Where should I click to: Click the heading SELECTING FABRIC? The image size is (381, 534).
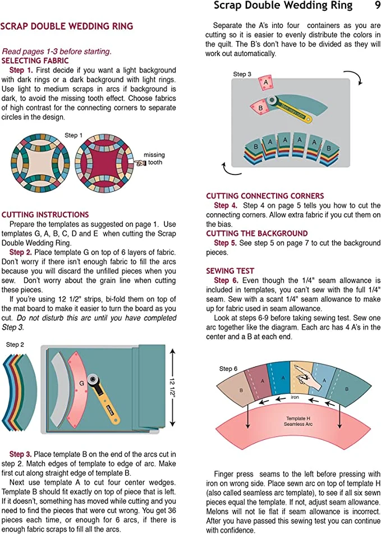[35, 61]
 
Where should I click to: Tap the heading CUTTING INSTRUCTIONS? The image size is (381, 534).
[45, 214]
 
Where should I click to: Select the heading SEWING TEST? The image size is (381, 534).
[230, 270]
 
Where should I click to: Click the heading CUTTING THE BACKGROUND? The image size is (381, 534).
[257, 233]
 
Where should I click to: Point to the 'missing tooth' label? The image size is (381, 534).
[154, 159]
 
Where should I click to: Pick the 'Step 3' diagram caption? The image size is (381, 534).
[242, 74]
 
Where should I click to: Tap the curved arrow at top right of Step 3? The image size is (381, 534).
[353, 77]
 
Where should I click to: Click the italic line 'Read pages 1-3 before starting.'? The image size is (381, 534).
[57, 51]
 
